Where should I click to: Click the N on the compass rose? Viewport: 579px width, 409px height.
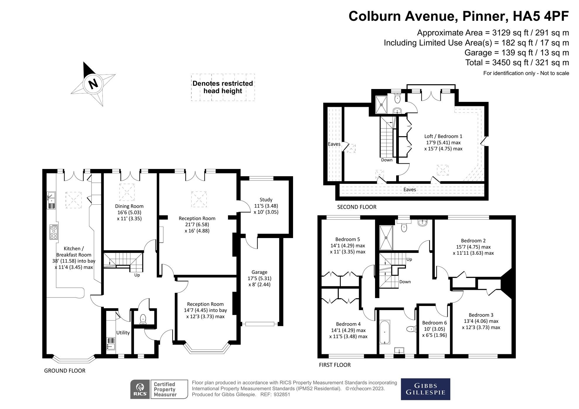coord(93,84)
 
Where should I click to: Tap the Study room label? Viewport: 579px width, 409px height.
coord(266,200)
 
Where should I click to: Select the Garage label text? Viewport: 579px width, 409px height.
coord(259,272)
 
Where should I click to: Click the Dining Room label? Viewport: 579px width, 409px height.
coord(129,206)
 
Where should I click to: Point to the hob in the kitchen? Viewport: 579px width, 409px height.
coord(54,232)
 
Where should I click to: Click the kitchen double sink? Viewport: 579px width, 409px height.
coord(51,200)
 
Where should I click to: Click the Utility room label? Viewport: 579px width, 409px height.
coord(123,333)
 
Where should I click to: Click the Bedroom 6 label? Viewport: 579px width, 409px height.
coord(434,323)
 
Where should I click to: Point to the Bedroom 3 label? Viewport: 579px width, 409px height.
coord(481,315)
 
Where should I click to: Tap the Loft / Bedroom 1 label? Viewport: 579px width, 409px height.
coord(443,136)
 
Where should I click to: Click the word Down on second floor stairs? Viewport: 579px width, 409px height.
coord(387,160)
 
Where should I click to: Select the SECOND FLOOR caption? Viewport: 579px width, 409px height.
coord(357,207)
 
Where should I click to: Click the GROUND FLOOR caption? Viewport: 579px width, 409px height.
coord(64,371)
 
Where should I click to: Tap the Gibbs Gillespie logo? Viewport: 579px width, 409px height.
coord(425,389)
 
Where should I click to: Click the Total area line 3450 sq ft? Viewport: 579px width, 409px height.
coord(517,62)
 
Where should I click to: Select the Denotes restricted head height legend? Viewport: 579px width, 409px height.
coord(223,87)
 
